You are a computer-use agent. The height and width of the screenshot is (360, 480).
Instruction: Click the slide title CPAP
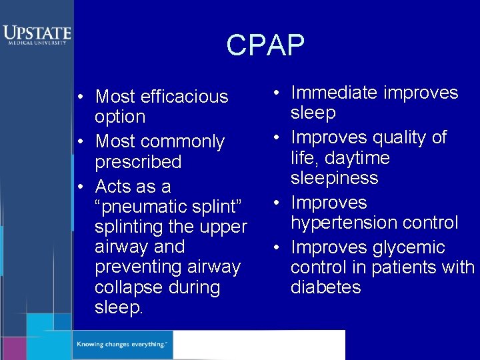click(x=265, y=45)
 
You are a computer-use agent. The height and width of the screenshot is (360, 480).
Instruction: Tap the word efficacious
click(x=183, y=97)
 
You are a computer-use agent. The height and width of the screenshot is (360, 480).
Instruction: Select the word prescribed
click(x=138, y=162)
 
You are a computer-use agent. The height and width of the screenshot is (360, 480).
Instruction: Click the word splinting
click(x=126, y=227)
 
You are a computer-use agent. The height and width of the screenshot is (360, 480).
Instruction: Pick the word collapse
click(x=124, y=287)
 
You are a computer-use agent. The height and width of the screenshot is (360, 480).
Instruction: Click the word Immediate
click(x=335, y=93)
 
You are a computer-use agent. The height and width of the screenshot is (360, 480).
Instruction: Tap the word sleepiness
click(x=334, y=178)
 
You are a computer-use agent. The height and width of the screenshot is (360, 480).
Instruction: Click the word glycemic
click(x=409, y=247)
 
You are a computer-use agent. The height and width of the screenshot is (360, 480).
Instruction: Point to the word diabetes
click(x=325, y=287)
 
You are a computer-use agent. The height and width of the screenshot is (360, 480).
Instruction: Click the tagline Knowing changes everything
click(x=121, y=344)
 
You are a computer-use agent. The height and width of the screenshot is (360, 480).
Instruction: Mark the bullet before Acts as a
click(x=79, y=186)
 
